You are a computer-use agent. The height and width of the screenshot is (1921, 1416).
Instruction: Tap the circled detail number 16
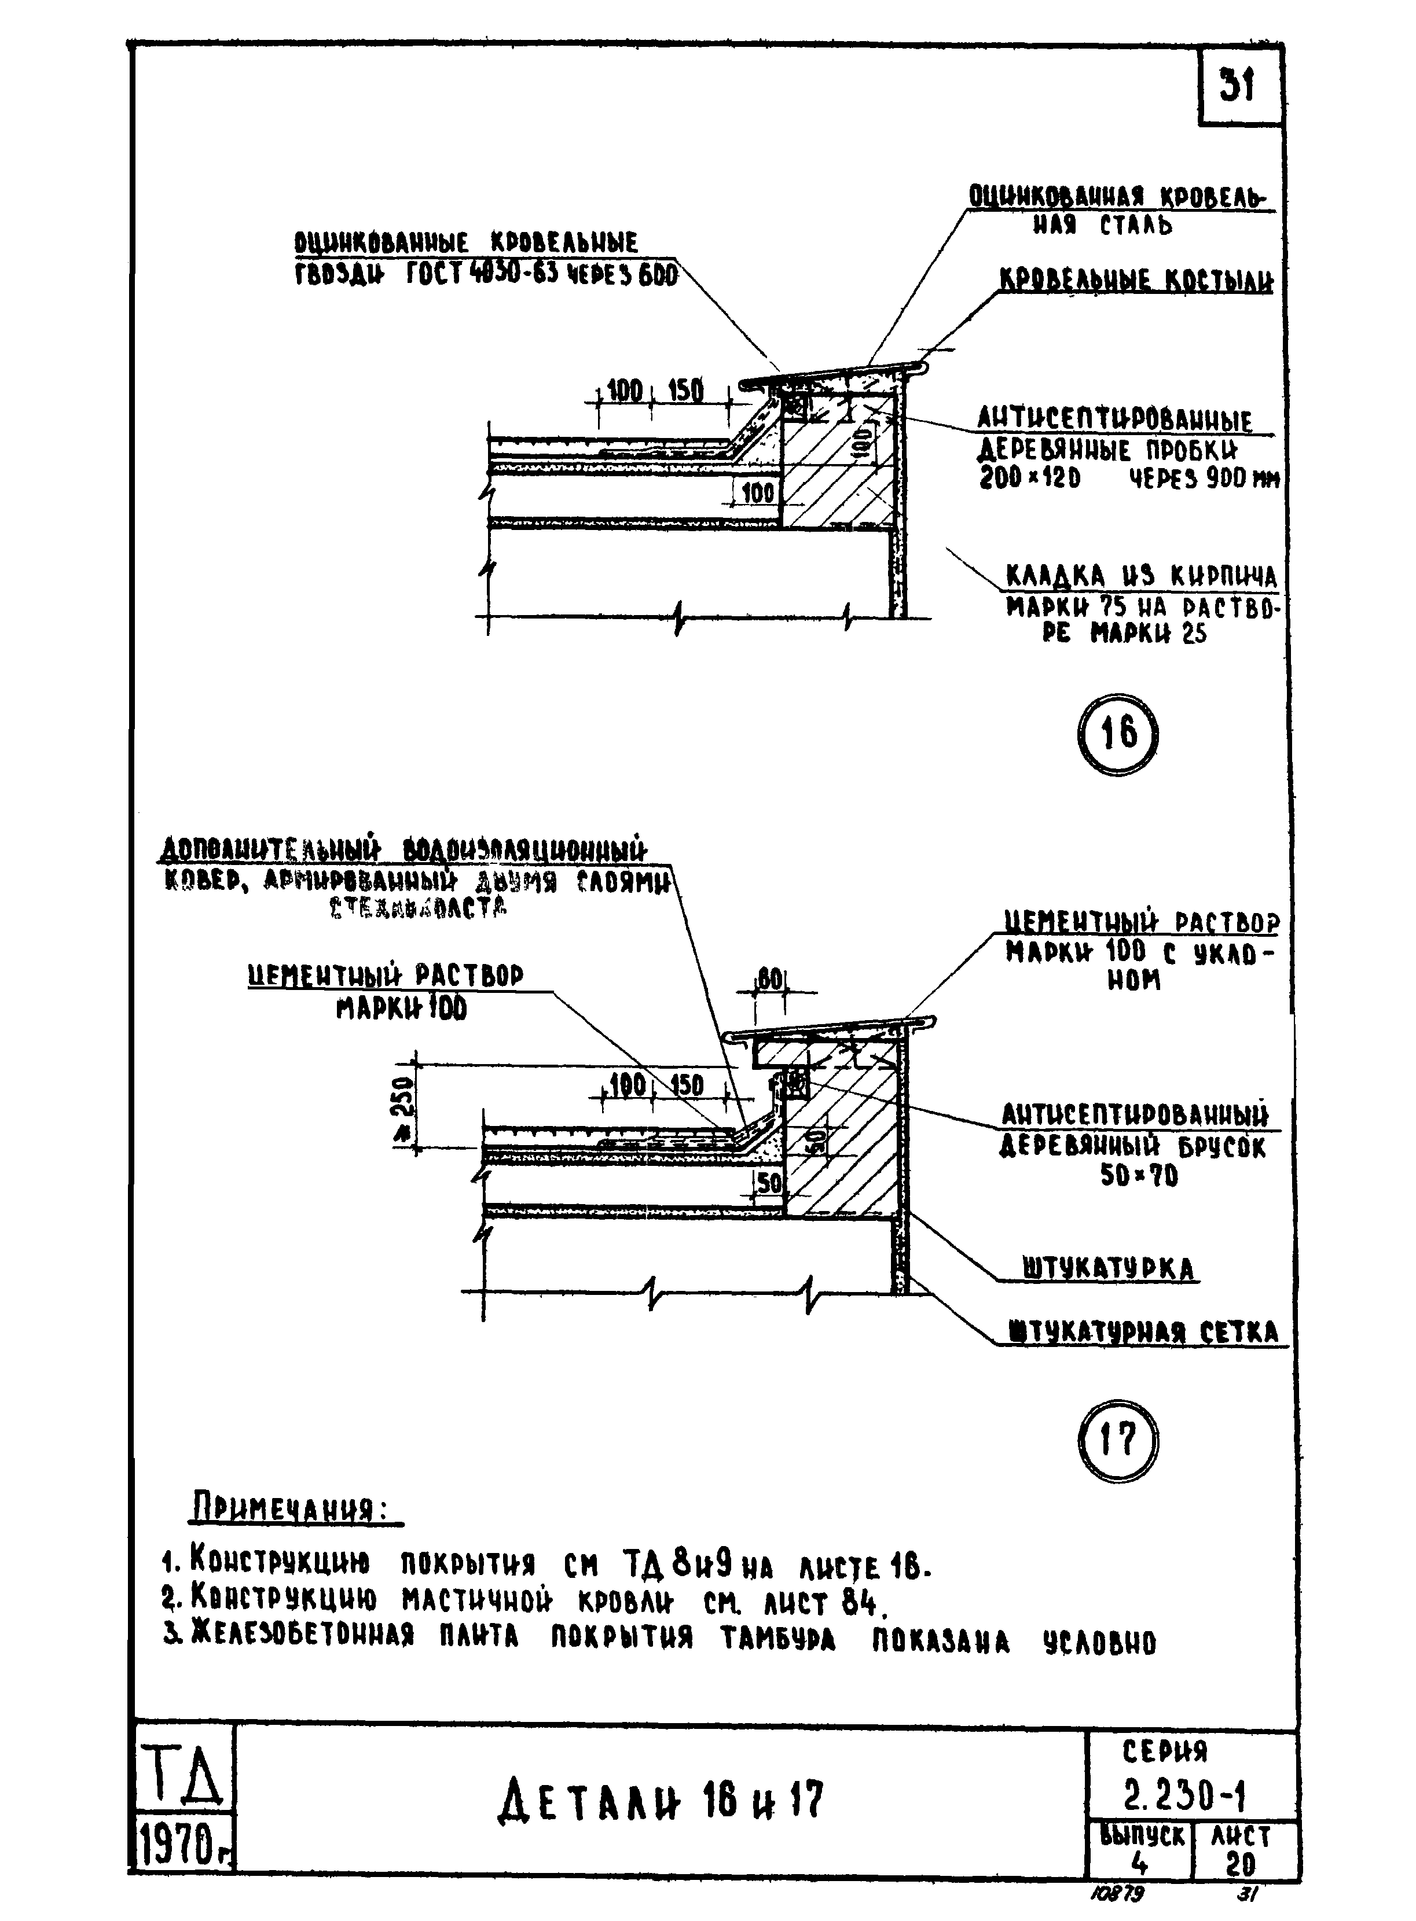[x=1117, y=734]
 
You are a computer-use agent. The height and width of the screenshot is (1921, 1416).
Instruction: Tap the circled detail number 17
[x=1116, y=1440]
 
